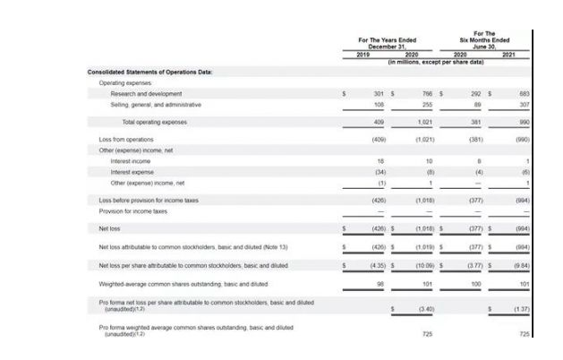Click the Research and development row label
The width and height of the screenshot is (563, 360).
tap(146, 93)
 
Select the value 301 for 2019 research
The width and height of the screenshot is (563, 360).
tap(378, 93)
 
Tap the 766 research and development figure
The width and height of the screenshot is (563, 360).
tap(427, 93)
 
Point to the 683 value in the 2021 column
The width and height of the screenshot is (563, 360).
tap(524, 93)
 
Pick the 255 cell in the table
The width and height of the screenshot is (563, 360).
tap(427, 104)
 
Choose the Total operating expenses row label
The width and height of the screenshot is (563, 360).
tap(153, 121)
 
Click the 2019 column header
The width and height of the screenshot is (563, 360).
tap(362, 55)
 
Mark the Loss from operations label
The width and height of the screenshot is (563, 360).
tap(126, 140)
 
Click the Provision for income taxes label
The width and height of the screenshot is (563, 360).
tap(133, 211)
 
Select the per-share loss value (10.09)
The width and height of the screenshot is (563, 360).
tap(424, 265)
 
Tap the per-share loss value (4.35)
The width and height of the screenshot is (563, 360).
tap(376, 265)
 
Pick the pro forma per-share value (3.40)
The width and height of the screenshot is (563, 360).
tap(425, 309)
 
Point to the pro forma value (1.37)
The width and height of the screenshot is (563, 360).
tap(521, 309)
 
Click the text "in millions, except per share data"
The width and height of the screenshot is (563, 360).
tap(435, 63)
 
